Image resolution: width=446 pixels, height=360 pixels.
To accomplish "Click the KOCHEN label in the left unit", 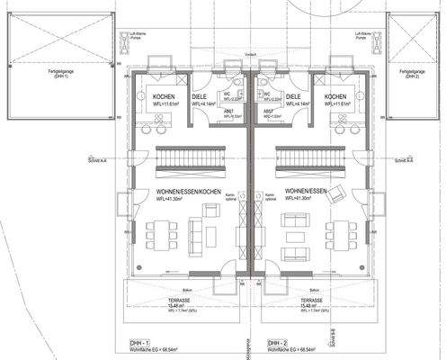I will (x=164, y=96).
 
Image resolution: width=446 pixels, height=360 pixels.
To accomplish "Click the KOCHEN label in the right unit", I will (x=335, y=96).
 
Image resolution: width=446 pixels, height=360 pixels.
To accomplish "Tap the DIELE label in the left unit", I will (x=200, y=96).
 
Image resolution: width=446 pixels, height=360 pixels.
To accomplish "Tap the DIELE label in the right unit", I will (x=294, y=96).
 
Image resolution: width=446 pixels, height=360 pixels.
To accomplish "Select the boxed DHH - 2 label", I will (x=278, y=344).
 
